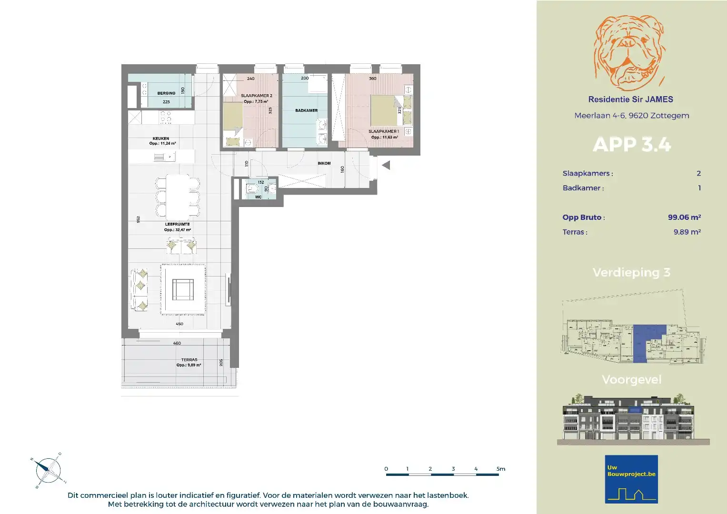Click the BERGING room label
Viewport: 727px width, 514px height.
(x=166, y=93)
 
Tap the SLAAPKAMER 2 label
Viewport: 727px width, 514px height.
(x=256, y=96)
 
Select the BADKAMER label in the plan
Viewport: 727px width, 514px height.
(x=306, y=110)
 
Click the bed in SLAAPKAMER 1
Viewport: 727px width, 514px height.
(x=385, y=110)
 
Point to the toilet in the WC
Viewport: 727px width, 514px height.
(x=251, y=189)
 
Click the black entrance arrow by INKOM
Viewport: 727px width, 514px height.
(x=386, y=166)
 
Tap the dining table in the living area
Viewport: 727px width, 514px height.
(x=177, y=197)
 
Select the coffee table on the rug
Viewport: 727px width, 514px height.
(x=183, y=289)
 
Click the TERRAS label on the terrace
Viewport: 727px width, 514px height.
(x=189, y=360)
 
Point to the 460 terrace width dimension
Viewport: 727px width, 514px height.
(x=177, y=343)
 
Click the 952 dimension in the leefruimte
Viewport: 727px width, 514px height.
(x=138, y=219)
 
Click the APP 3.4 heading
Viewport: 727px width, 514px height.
(x=632, y=145)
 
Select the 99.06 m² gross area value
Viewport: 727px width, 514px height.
(x=684, y=217)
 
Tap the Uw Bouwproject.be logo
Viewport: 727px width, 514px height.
(x=631, y=479)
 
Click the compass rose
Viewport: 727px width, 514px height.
(x=48, y=470)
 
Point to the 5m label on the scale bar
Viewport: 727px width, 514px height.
(x=500, y=469)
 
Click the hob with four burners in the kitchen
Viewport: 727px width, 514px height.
(x=166, y=117)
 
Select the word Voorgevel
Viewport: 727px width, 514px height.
(x=631, y=380)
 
